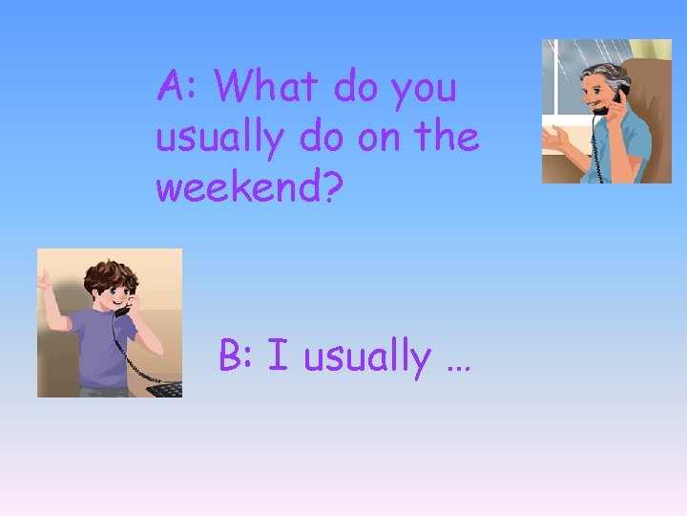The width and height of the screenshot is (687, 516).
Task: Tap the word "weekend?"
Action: pos(249,187)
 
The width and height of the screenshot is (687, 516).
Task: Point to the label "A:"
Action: pos(178,87)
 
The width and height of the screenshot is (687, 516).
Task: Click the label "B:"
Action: pos(238,356)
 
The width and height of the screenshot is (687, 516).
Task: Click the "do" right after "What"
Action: pos(356,87)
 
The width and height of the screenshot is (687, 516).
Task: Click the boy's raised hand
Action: pos(44,281)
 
